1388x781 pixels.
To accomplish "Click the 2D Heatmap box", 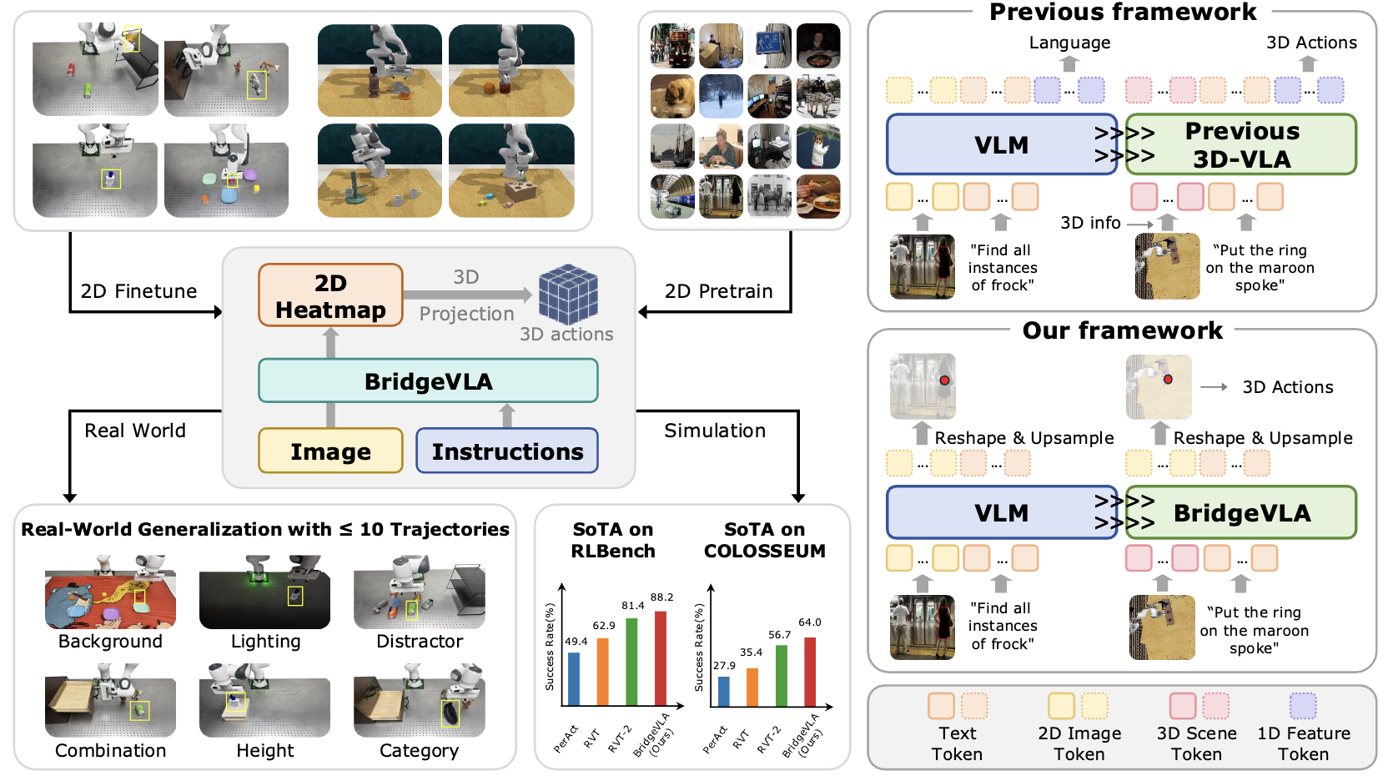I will tap(330, 295).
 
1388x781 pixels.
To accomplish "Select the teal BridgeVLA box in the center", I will tap(428, 381).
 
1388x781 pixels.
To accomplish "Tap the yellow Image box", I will tap(330, 451).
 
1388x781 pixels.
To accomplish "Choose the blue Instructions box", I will tap(507, 451).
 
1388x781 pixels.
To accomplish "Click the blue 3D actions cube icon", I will tap(568, 294).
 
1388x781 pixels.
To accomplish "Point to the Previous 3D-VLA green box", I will tap(1241, 144).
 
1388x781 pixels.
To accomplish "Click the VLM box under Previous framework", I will tap(1001, 144).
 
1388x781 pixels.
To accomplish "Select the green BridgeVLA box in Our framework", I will tap(1241, 513).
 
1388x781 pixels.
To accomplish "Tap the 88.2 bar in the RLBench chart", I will tap(661, 659).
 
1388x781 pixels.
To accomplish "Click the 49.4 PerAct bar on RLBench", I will tap(574, 679).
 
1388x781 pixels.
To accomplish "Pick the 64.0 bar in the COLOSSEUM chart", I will tap(809, 673).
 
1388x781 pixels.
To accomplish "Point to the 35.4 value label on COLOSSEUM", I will tap(752, 653).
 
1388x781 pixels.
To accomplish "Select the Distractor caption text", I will tap(420, 642).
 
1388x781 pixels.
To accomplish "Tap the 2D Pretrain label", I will tap(718, 291).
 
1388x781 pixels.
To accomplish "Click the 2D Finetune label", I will tap(138, 291).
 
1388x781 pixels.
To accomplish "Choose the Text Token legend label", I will tap(957, 743).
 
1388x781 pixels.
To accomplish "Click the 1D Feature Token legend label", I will tap(1303, 743).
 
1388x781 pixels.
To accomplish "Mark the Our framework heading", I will tap(1122, 330).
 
